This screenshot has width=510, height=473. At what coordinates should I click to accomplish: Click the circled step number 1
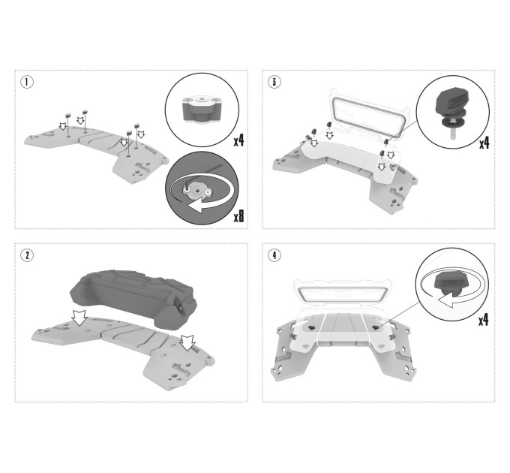click(x=27, y=82)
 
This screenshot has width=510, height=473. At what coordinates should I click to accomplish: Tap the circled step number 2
click(x=27, y=255)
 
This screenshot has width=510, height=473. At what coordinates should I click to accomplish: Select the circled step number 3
click(x=274, y=82)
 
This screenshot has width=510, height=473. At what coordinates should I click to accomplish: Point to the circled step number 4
click(x=274, y=255)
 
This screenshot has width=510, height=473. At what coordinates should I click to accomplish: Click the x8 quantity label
click(x=238, y=215)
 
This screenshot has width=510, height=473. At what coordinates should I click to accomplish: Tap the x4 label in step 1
click(x=238, y=140)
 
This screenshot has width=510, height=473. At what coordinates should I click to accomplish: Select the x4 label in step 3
click(x=484, y=142)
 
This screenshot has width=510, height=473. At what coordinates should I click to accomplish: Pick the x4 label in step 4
click(x=483, y=320)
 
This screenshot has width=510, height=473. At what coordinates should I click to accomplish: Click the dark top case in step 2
click(x=133, y=299)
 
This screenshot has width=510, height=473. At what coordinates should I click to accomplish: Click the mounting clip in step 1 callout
click(x=202, y=110)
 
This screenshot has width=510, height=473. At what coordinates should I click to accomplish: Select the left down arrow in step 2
click(x=79, y=318)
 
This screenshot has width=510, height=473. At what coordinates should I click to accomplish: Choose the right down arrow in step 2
click(x=187, y=343)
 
